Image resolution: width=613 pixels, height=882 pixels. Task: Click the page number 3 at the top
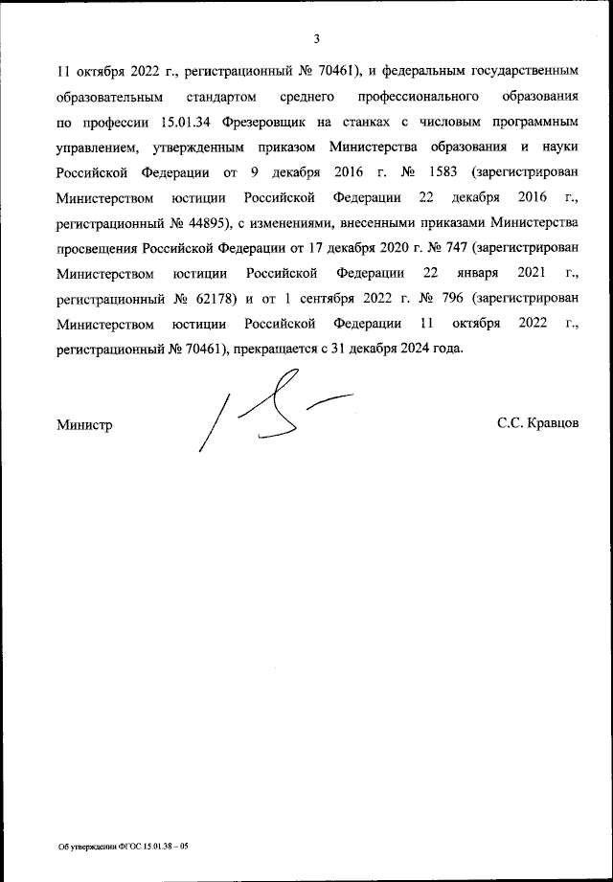point(316,38)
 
